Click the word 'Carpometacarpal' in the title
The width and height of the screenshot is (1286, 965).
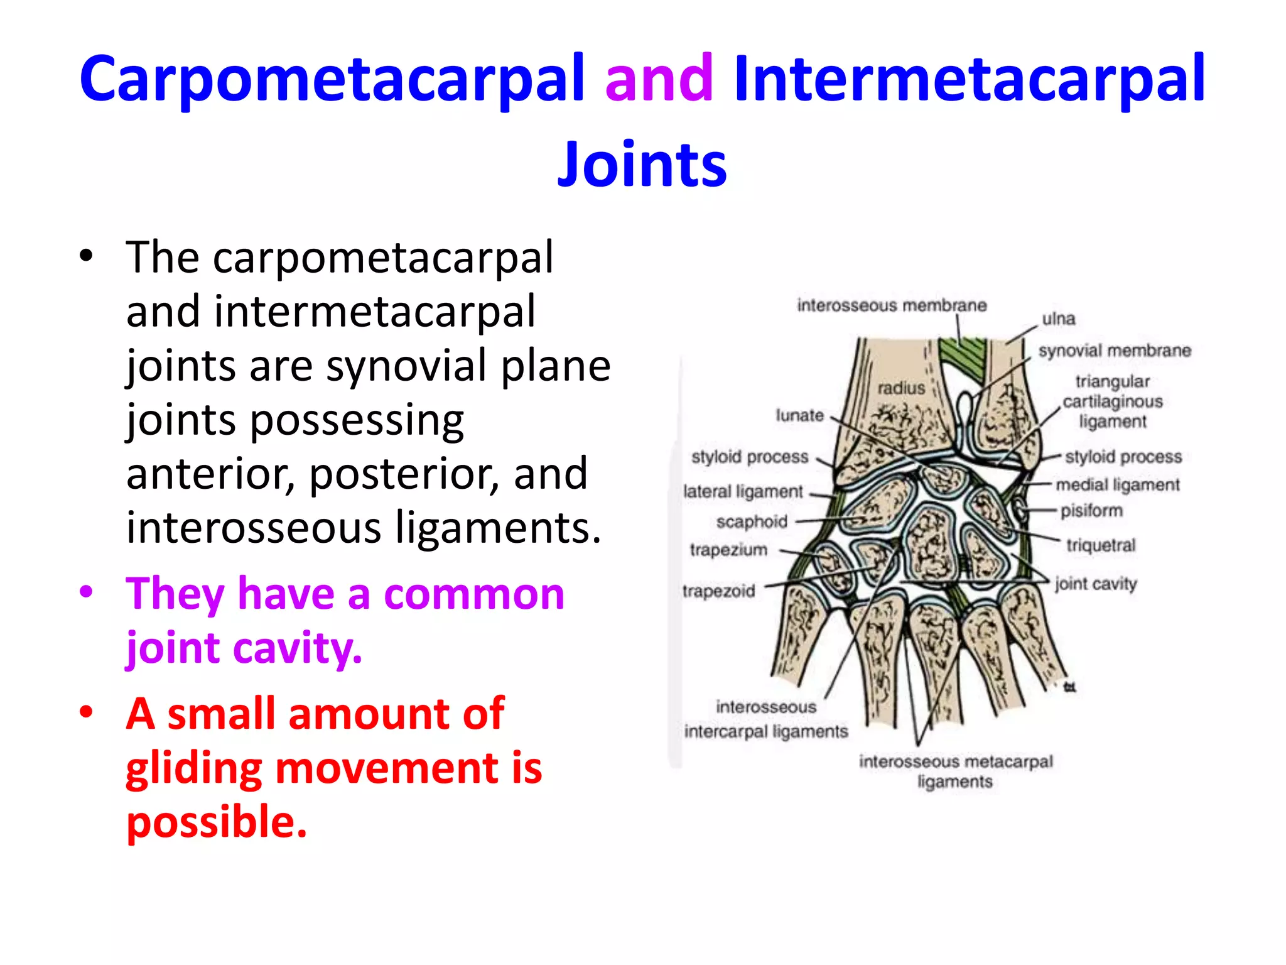click(x=332, y=79)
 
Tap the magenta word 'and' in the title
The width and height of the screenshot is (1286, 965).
click(x=659, y=79)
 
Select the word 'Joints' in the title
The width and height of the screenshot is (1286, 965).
click(x=642, y=165)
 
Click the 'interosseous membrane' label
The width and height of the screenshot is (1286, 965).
click(x=892, y=305)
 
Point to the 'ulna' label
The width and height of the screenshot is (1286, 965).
click(x=1059, y=319)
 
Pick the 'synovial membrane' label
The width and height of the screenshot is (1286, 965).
click(x=1114, y=351)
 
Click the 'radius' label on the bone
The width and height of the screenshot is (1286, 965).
click(x=901, y=388)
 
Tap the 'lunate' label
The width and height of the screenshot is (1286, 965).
click(x=799, y=415)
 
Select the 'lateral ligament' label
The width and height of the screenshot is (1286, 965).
click(x=743, y=491)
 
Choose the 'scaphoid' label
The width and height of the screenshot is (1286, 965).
click(x=752, y=521)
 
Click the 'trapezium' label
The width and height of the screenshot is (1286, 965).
click(x=728, y=550)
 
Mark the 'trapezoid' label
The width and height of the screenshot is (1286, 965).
click(x=718, y=591)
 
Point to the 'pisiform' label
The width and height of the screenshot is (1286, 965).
click(x=1091, y=511)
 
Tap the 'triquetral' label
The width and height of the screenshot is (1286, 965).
click(x=1101, y=545)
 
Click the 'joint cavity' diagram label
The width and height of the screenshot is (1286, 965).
click(x=1096, y=584)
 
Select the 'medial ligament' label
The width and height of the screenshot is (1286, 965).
click(x=1118, y=485)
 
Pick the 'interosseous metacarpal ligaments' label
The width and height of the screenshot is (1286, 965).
click(x=955, y=771)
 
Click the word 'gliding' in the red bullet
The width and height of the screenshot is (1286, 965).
click(x=193, y=769)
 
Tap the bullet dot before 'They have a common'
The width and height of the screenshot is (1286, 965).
click(x=87, y=592)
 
